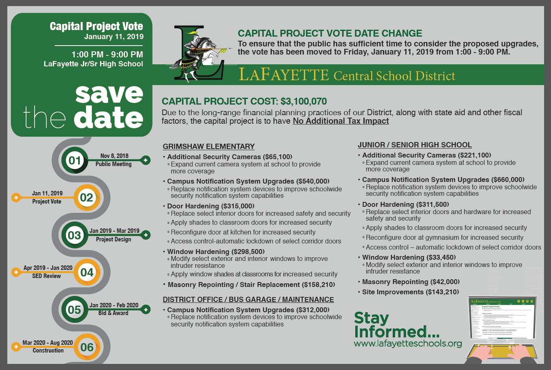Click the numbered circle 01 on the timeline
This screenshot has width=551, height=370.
click(75, 160)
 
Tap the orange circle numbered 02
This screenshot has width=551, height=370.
click(86, 198)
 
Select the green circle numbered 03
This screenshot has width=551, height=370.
click(74, 235)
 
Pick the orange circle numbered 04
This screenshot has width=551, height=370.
click(87, 272)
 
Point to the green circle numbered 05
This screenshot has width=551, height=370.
click(74, 310)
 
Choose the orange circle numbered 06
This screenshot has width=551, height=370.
click(87, 347)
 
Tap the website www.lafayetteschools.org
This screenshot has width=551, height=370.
click(408, 344)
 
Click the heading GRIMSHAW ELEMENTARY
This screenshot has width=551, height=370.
click(208, 147)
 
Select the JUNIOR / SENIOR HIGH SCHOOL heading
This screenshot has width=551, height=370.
click(414, 145)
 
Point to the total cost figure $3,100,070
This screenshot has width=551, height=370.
click(304, 101)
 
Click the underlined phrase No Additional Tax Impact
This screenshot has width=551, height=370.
click(341, 121)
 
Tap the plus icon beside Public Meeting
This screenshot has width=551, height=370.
click(146, 160)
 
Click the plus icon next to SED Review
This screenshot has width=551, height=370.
click(16, 272)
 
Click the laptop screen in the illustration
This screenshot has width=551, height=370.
click(503, 320)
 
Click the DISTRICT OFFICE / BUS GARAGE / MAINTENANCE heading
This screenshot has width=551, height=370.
click(248, 300)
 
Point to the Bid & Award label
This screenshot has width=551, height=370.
click(113, 313)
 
